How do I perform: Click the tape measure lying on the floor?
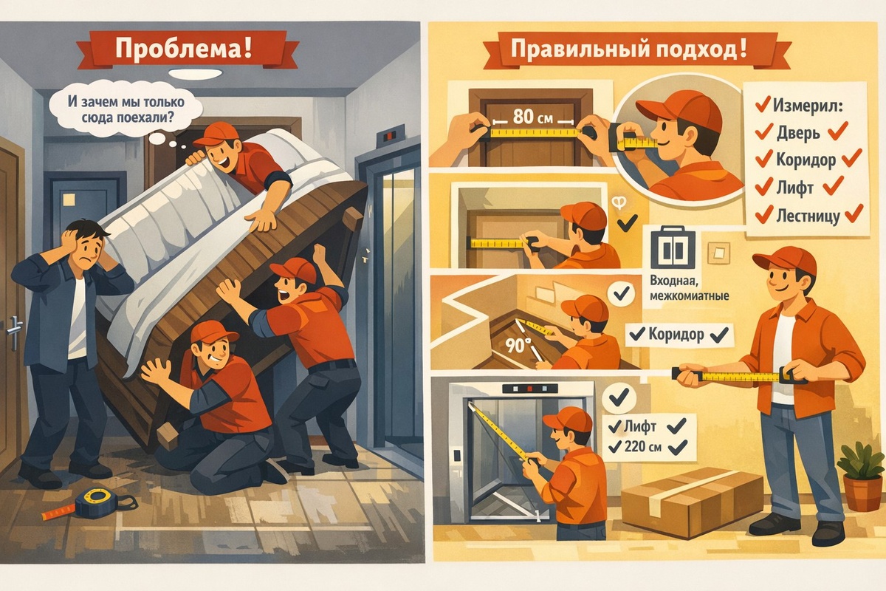(x=92, y=505)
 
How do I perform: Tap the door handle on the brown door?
(x=14, y=330)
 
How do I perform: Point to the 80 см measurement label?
(x=533, y=117)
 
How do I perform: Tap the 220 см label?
(x=643, y=446)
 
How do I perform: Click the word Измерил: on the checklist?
(x=808, y=106)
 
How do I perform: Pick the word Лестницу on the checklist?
(x=808, y=216)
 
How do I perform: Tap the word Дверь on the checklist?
(x=798, y=133)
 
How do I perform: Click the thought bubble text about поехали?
(x=126, y=109)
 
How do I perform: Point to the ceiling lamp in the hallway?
(x=196, y=74)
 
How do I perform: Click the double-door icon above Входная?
(x=673, y=248)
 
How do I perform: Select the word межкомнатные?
(x=689, y=295)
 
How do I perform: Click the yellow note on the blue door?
(x=69, y=199)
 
